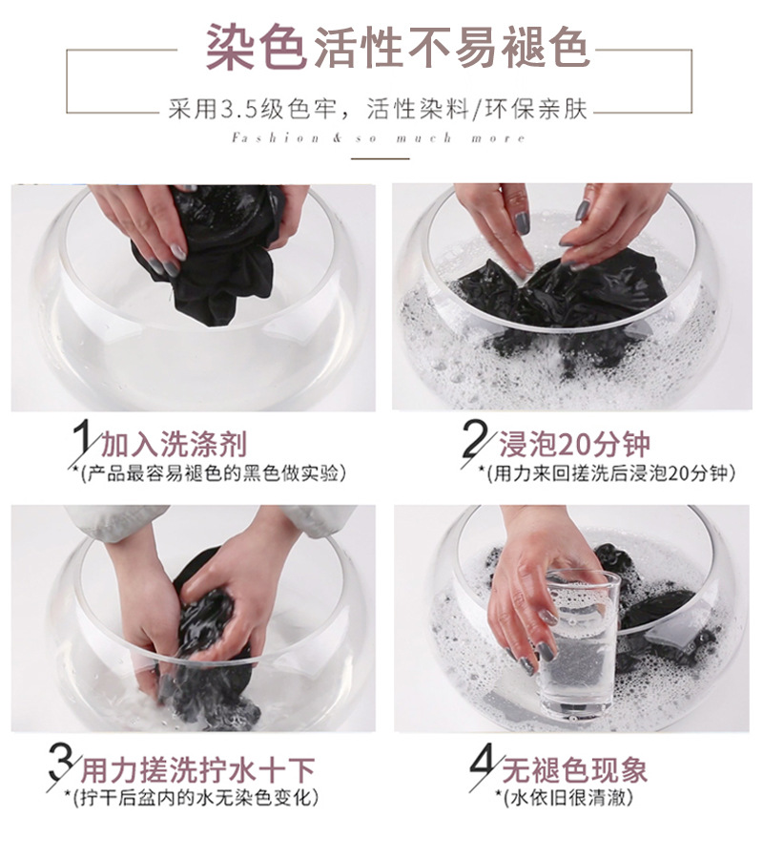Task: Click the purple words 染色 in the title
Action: (x=255, y=47)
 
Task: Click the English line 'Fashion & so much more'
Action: (x=379, y=137)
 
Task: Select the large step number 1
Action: (x=82, y=437)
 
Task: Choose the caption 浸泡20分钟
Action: (x=574, y=444)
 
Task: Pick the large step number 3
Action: (x=61, y=763)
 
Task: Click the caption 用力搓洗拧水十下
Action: (x=198, y=769)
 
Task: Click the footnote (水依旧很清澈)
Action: (x=567, y=797)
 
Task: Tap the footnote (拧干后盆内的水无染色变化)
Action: (x=196, y=797)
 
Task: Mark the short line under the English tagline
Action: (x=381, y=158)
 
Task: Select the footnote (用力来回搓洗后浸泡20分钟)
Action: (x=610, y=472)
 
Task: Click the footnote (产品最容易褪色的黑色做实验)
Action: (x=213, y=472)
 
